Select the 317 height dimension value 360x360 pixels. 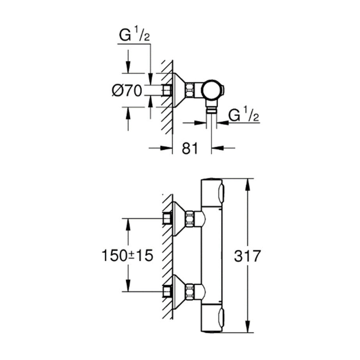[247, 256]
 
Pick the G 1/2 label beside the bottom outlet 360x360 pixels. [243, 115]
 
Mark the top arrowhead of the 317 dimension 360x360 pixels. [247, 183]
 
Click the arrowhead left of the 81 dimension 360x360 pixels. [168, 148]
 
